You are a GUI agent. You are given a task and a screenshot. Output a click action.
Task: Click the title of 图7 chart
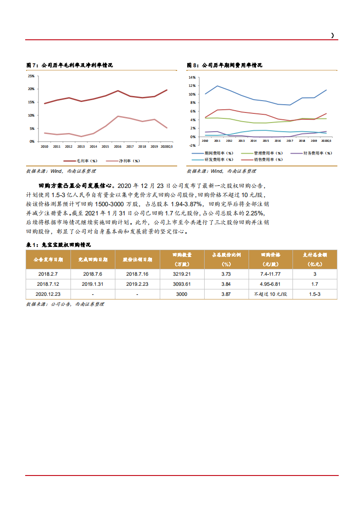tap(70, 65)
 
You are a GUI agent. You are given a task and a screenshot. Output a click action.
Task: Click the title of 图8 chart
tap(224, 65)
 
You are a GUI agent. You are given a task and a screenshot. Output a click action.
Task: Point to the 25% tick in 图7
tap(31, 76)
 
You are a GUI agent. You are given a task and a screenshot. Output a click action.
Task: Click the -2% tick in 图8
tap(192, 145)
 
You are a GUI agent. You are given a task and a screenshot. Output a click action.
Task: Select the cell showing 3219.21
tap(181, 274)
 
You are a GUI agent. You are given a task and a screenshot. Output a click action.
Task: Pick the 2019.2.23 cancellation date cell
tap(137, 284)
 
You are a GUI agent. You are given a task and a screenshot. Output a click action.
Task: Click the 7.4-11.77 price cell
tap(270, 274)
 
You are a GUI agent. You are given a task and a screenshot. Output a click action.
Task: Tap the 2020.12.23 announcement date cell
tap(48, 294)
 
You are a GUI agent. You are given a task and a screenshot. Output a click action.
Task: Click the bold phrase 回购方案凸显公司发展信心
tap(75, 186)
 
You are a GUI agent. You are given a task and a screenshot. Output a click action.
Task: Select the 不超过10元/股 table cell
tap(270, 294)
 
